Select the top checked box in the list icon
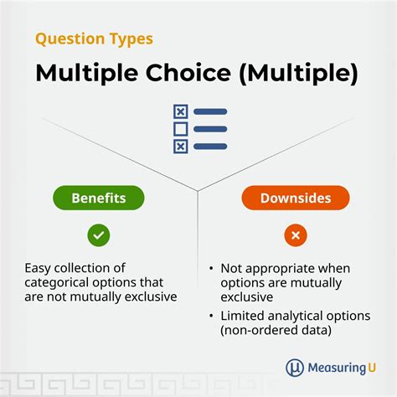[x=180, y=111]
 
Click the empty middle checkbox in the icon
[x=180, y=129]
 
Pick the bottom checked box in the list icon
[x=180, y=147]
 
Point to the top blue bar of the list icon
[x=210, y=111]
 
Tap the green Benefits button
[x=99, y=198]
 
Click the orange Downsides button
[x=295, y=198]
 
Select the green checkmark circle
[x=99, y=235]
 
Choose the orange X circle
[x=295, y=235]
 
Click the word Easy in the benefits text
[x=39, y=268]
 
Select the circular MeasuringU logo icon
[x=294, y=367]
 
